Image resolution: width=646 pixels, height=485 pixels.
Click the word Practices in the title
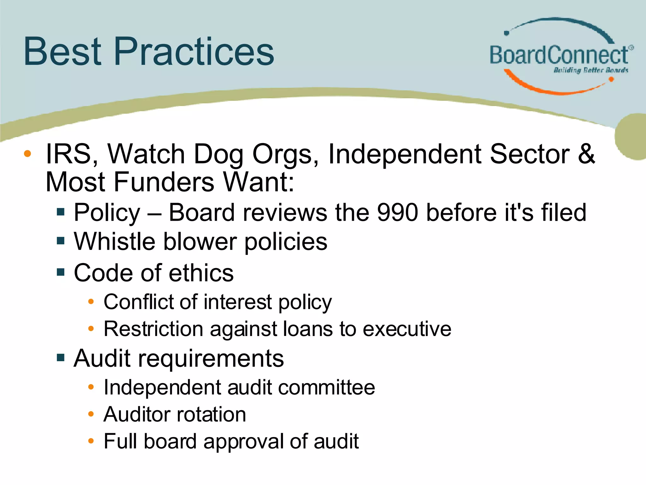[194, 51]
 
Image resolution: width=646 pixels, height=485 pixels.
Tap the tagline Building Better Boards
[590, 70]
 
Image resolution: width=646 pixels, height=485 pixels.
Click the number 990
[398, 212]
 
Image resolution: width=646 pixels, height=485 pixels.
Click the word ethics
[201, 273]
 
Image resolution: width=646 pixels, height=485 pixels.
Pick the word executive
[407, 329]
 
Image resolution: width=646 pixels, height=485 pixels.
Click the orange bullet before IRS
[27, 154]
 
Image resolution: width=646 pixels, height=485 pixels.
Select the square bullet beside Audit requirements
[61, 358]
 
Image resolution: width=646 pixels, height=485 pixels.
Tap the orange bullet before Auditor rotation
[91, 414]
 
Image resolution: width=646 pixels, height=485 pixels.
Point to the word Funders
[164, 182]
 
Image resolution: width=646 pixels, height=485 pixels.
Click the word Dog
[218, 154]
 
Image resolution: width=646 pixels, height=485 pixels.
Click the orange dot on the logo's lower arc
[611, 80]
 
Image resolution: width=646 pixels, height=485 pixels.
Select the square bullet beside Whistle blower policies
[61, 241]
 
